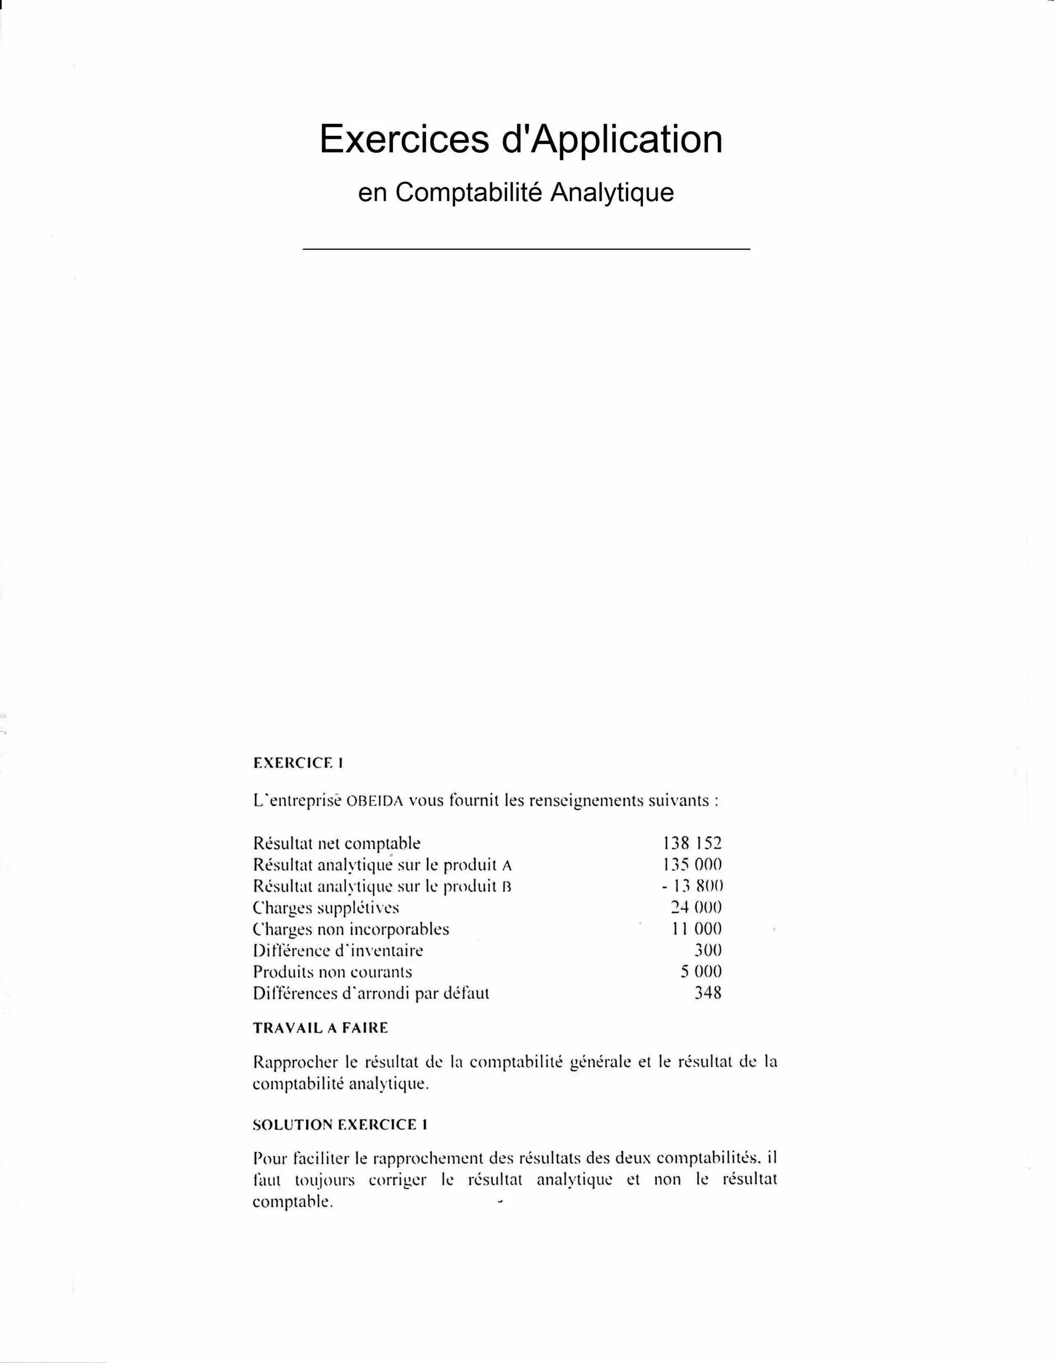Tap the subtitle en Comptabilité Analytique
(x=516, y=192)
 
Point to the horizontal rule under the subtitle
(x=526, y=249)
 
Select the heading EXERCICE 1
(x=298, y=763)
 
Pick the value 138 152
(x=691, y=843)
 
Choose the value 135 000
(x=691, y=865)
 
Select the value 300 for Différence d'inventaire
(x=708, y=950)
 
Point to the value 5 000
(x=700, y=971)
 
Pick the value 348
(x=708, y=992)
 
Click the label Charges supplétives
(x=325, y=907)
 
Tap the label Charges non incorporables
(x=350, y=929)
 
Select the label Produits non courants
(x=332, y=972)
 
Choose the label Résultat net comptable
(x=337, y=843)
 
